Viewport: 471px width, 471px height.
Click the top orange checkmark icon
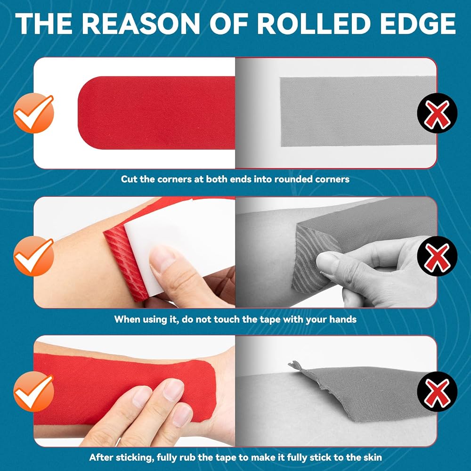pos(33,113)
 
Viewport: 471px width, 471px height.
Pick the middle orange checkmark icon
pos(33,256)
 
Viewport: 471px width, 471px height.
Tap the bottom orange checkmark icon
pos(33,391)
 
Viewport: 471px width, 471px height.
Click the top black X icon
pos(438,113)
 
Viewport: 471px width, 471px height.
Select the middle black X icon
pos(438,256)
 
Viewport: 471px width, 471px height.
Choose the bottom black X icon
pos(438,391)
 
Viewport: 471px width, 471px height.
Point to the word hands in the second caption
pos(343,319)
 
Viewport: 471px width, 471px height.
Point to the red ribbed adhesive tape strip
pos(126,262)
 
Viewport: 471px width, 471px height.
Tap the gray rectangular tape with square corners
pos(357,112)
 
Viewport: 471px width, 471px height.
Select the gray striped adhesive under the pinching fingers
pos(309,258)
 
